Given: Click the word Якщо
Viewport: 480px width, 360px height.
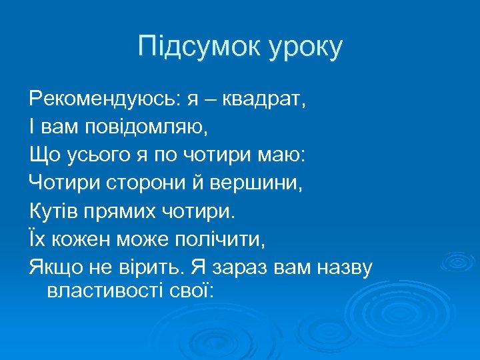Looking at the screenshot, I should [53, 268].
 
